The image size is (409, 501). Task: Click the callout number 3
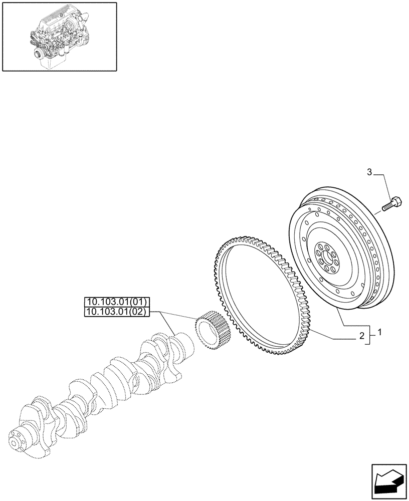click(369, 173)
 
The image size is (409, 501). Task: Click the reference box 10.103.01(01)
click(115, 302)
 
